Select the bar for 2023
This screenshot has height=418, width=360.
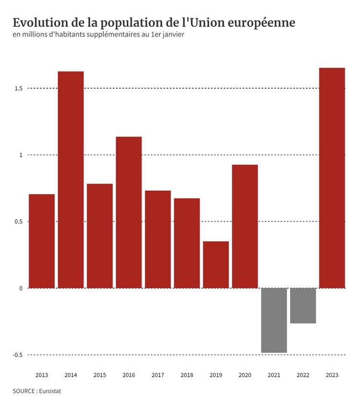pyautogui.click(x=332, y=178)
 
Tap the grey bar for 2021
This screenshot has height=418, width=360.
pyautogui.click(x=274, y=320)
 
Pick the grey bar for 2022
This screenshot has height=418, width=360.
pyautogui.click(x=303, y=306)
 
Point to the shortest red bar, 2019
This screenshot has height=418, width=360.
pyautogui.click(x=216, y=264)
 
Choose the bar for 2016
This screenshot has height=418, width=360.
pyautogui.click(x=129, y=212)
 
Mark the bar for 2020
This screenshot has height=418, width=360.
pyautogui.click(x=245, y=226)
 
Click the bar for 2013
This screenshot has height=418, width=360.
pyautogui.click(x=42, y=241)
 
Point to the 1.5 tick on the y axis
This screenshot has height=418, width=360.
pyautogui.click(x=18, y=88)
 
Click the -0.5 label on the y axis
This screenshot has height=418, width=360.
pyautogui.click(x=18, y=355)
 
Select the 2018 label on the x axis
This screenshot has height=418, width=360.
pyautogui.click(x=187, y=375)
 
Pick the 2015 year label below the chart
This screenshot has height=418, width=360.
pyautogui.click(x=100, y=375)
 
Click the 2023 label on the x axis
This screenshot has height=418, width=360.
pyautogui.click(x=332, y=375)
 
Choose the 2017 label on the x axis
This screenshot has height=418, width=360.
pyautogui.click(x=158, y=375)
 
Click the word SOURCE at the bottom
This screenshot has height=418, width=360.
pyautogui.click(x=24, y=391)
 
